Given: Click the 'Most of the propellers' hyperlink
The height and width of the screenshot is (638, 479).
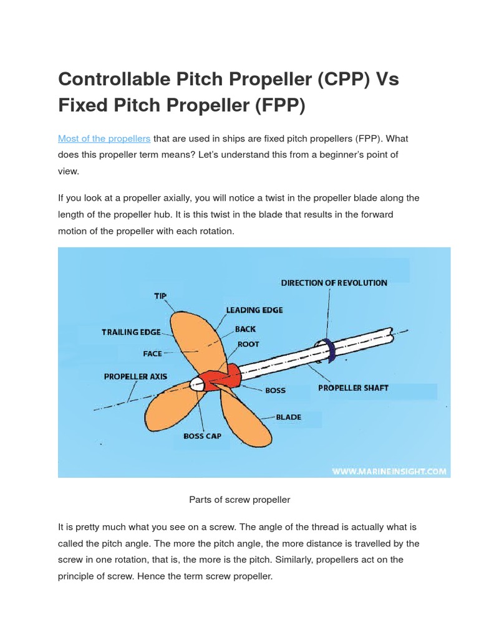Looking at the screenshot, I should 104,138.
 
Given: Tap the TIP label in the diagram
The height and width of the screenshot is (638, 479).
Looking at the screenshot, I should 160,297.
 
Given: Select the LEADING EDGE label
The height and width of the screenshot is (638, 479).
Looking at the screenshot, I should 254,310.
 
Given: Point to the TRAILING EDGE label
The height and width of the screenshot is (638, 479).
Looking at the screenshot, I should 131,332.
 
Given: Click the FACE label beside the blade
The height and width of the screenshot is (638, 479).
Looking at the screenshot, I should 152,353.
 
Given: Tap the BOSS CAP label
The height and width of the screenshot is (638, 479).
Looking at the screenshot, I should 202,436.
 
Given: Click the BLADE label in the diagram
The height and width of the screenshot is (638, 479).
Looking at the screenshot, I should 288,417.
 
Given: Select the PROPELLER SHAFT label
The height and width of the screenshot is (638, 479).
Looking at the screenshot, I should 353,388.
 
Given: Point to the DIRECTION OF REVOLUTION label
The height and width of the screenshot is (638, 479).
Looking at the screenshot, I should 334,283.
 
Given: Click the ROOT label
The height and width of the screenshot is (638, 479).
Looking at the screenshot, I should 248,344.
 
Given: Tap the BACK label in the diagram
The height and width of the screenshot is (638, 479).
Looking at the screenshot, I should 245,328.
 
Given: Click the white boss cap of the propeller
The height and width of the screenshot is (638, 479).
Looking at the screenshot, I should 197,383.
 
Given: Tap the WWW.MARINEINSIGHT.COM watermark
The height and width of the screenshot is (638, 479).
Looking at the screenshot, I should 389,472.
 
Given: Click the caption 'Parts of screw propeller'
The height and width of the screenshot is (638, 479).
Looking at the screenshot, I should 239,500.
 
